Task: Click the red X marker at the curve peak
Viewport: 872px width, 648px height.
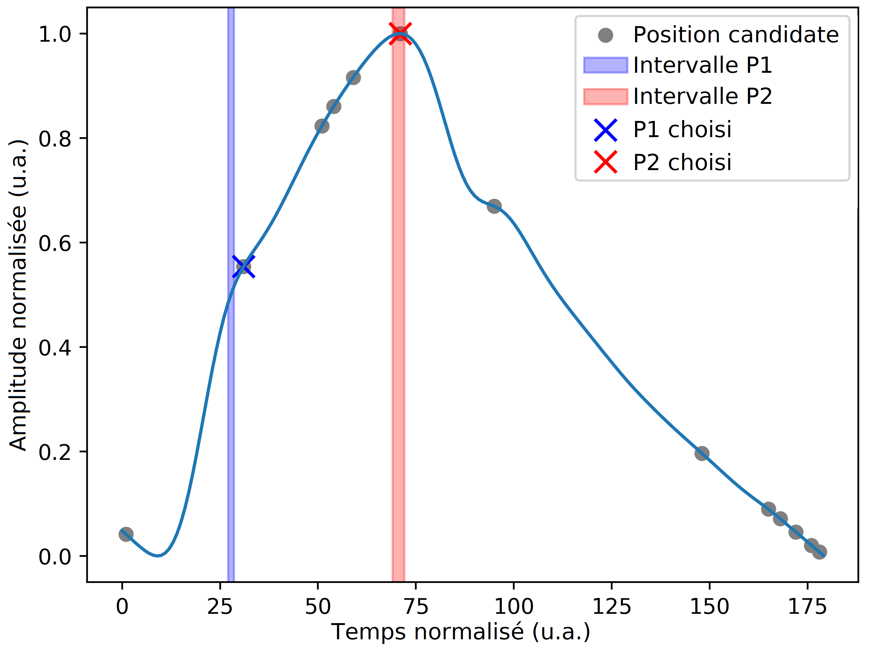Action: tap(400, 34)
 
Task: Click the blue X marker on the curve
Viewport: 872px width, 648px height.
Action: tap(244, 267)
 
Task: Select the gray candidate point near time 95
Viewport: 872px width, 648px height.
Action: tap(494, 206)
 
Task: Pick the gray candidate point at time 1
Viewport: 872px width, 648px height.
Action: tap(126, 534)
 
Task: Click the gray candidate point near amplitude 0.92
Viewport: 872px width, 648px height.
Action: tap(353, 77)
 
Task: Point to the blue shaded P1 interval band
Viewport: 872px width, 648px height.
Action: tap(231, 392)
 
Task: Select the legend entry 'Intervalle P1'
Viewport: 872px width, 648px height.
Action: tap(702, 65)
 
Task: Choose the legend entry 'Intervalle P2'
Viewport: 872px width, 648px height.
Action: tap(702, 96)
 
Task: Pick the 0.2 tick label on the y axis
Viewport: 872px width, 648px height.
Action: tap(55, 452)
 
